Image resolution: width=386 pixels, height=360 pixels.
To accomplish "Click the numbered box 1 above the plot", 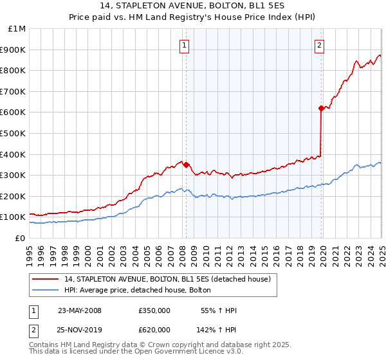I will tap(185, 45).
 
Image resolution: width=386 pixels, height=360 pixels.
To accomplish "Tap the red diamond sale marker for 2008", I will tap(186, 165).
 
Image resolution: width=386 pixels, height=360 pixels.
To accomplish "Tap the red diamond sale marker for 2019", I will tap(321, 108).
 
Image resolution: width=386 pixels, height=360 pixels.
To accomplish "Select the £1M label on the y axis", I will tap(17, 28).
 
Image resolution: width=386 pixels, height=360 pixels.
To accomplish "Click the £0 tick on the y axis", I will tap(21, 238).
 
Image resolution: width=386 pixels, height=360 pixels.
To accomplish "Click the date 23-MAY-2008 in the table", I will tap(80, 310).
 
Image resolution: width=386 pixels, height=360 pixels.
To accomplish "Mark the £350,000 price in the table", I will tap(153, 310).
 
